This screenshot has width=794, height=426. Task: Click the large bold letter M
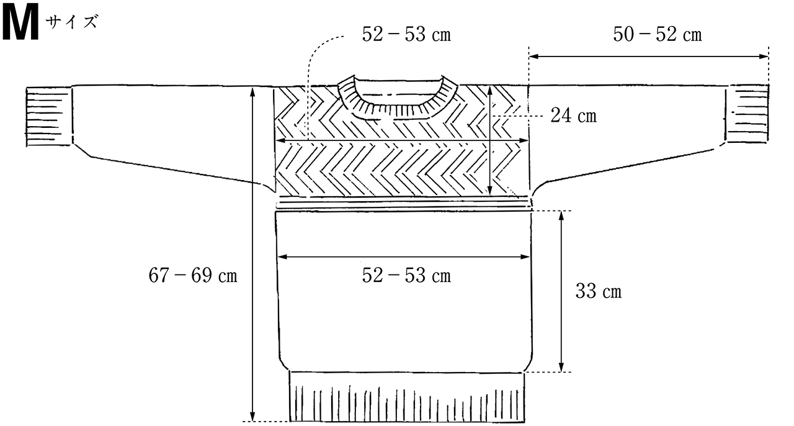20,24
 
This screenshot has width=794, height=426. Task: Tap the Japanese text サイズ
71,22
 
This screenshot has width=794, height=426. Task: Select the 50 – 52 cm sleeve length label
657,34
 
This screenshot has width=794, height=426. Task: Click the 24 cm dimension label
573,116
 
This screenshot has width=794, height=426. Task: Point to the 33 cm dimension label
599,291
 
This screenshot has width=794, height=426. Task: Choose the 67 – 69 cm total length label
193,276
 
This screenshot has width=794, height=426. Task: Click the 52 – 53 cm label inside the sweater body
406,276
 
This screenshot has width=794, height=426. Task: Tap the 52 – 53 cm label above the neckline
406,35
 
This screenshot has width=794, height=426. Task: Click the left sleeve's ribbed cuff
49,117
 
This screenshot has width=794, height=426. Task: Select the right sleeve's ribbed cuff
746,114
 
